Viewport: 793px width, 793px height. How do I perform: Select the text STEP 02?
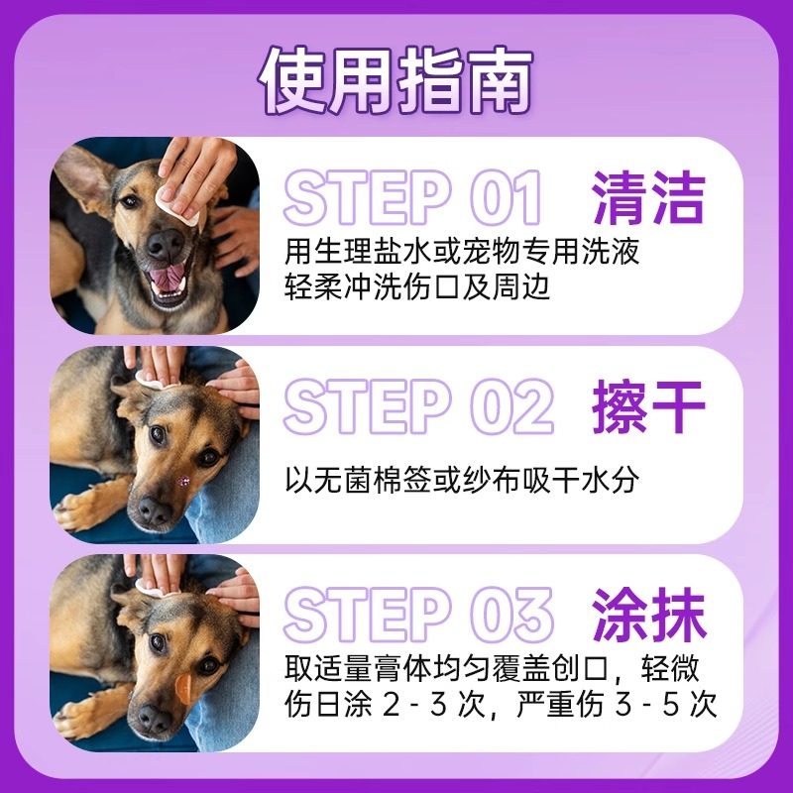417,407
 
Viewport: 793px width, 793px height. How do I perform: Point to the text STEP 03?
417,615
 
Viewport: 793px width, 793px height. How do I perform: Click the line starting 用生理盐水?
461,251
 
